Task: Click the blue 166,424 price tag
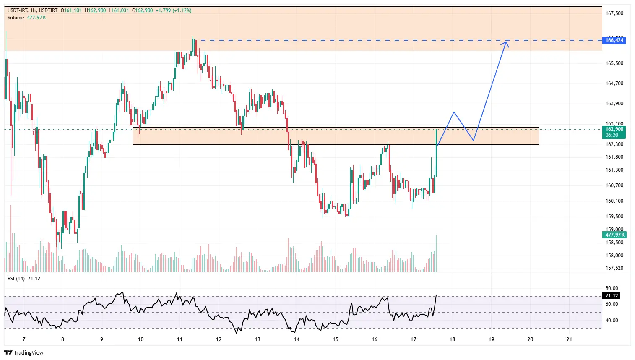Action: coord(614,40)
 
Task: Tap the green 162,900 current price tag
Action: coord(614,132)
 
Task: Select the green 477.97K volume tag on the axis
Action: coord(615,235)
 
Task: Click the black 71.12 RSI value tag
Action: coord(612,296)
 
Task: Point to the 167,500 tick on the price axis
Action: coord(614,13)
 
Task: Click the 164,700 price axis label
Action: coord(614,83)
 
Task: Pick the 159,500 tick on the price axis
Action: coord(614,217)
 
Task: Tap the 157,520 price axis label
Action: coord(614,268)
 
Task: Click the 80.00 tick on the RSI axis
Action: coord(612,288)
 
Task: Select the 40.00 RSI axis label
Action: coord(612,321)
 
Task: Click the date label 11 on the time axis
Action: coord(180,339)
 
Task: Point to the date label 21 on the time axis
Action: coord(569,339)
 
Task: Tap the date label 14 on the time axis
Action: coord(297,339)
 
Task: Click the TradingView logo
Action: coord(24,352)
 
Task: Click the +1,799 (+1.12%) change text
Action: coord(173,10)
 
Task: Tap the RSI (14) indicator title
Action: coord(16,279)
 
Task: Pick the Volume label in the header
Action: coord(16,18)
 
